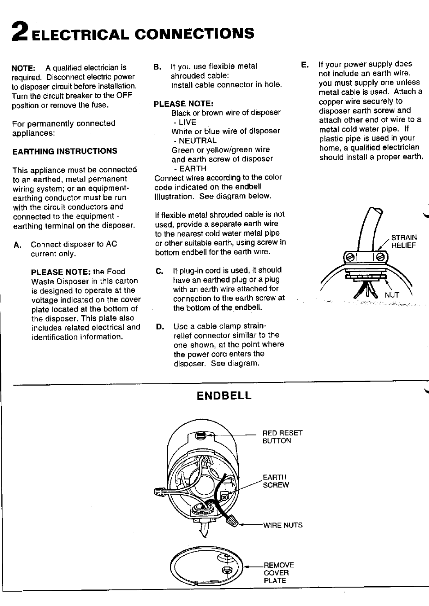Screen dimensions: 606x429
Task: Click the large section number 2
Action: [x=20, y=34]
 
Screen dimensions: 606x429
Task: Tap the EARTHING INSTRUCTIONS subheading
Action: [x=65, y=151]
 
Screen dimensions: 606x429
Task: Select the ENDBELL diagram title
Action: [x=224, y=395]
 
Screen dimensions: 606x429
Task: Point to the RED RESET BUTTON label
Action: [x=282, y=437]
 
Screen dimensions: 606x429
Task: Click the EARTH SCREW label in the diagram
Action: [x=275, y=481]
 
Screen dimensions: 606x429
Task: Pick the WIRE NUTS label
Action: [x=283, y=525]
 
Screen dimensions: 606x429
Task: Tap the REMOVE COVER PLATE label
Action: [x=278, y=572]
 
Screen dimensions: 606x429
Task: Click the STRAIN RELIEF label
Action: [x=403, y=241]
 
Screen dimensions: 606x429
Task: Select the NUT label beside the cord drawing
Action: [x=392, y=295]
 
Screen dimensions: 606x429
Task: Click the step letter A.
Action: [x=17, y=244]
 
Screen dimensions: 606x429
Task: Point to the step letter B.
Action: [x=157, y=67]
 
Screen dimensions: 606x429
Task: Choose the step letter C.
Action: [x=160, y=271]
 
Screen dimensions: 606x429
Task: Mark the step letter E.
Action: [x=305, y=65]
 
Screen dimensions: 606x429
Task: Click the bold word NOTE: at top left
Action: [x=23, y=68]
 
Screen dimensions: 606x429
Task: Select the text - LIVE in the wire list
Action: [x=184, y=122]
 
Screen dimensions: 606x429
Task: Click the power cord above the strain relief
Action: [x=369, y=229]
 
